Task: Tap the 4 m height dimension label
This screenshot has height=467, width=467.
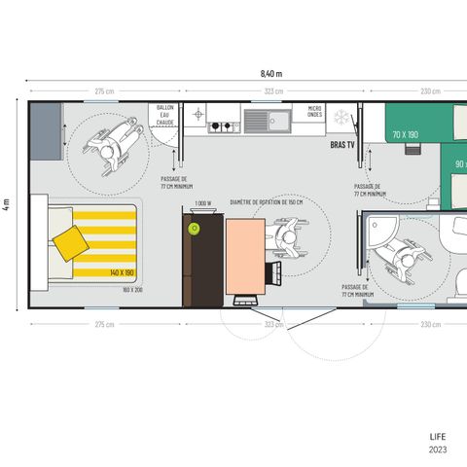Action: point(8,206)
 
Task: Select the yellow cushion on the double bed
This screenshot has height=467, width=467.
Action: point(70,241)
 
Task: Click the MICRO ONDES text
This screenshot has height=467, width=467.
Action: point(314,112)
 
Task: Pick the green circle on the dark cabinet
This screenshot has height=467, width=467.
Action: point(194,229)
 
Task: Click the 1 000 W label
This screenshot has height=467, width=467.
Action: point(202,203)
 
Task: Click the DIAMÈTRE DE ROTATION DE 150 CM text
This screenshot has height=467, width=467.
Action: point(266,202)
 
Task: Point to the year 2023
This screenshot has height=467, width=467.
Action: point(439,450)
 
